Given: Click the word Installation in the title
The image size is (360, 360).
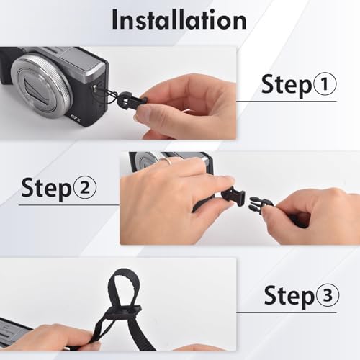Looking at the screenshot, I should click(179, 19).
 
